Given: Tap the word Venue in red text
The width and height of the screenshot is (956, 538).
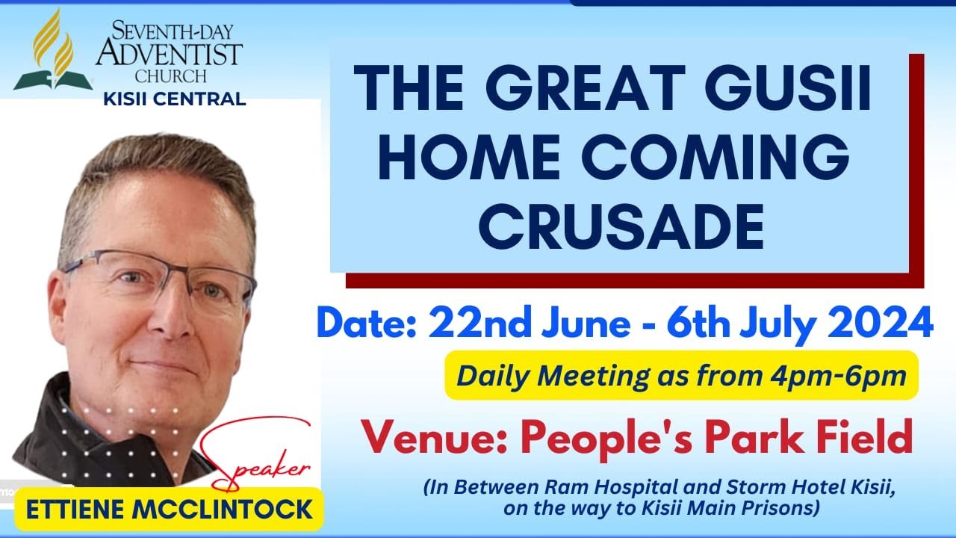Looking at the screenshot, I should point(424,439).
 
